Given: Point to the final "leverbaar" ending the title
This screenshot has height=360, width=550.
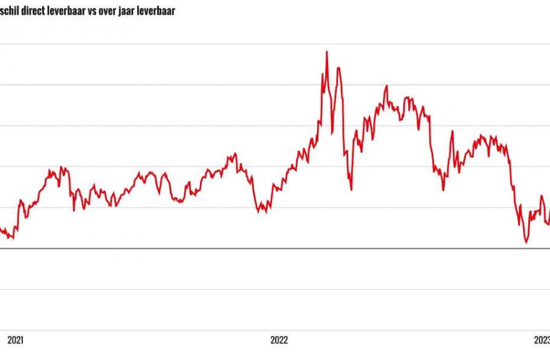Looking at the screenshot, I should click(158, 11).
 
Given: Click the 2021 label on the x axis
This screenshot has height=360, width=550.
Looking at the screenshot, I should click(15, 340).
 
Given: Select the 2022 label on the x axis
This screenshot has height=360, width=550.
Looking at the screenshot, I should click(279, 340).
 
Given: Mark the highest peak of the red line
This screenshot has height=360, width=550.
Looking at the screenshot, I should click(327, 52).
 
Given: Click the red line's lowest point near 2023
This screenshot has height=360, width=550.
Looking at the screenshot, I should click(526, 242).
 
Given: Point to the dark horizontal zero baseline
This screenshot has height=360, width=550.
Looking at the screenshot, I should click(275, 248).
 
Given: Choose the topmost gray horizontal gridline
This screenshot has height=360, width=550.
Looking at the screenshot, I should click(275, 44).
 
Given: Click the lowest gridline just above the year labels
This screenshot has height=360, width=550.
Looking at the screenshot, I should click(275, 330).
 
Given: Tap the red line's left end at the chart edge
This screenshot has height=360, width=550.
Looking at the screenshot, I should click(1, 228).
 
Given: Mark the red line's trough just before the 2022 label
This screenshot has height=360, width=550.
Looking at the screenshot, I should click(261, 211).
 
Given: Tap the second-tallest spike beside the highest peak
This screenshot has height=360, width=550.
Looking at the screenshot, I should click(338, 68).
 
